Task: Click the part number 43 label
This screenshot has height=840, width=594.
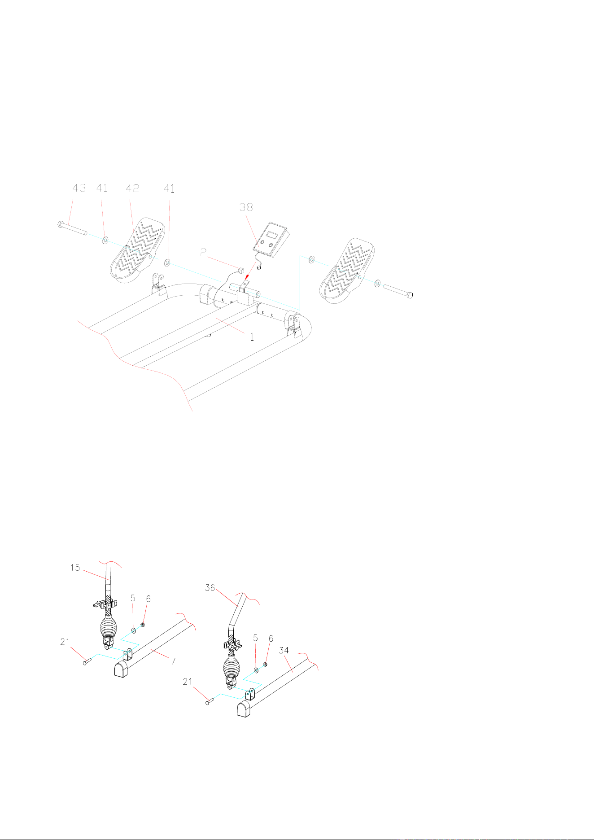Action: [x=79, y=188]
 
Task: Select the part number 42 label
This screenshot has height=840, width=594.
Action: [x=132, y=188]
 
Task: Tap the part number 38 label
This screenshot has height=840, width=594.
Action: [x=246, y=207]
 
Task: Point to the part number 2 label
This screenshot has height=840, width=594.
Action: [x=204, y=253]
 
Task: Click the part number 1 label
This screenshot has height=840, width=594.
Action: [x=252, y=336]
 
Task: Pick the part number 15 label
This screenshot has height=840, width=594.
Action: [x=75, y=568]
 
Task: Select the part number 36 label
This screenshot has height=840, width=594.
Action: [x=210, y=588]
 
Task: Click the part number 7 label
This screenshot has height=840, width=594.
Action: [x=173, y=661]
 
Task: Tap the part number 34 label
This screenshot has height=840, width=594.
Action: [x=284, y=650]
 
